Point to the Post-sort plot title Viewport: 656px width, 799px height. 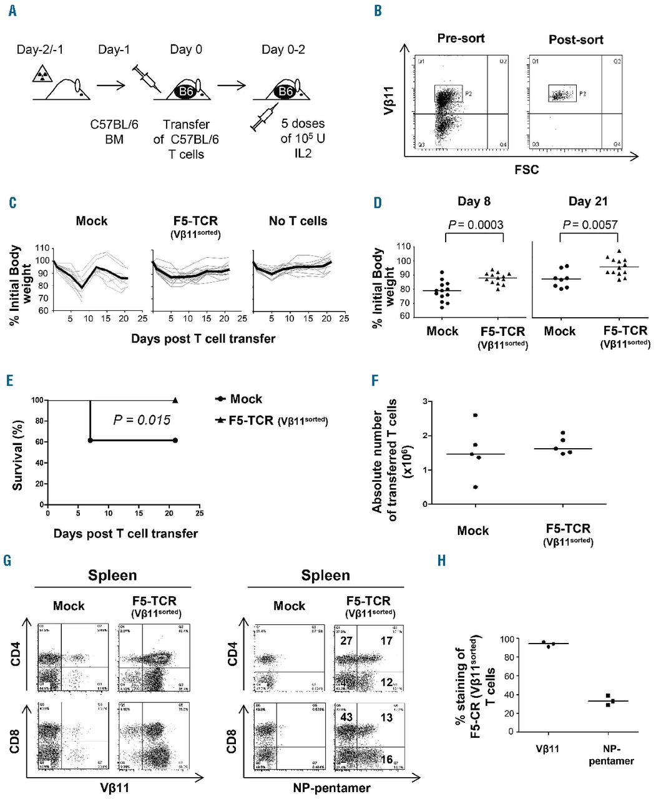click(575, 39)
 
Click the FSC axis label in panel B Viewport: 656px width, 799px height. click(526, 169)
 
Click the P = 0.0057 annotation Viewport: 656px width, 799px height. click(588, 225)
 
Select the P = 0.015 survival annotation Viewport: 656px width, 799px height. click(142, 420)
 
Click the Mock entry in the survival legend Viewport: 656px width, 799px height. click(245, 399)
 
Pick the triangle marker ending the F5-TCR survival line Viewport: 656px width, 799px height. click(175, 400)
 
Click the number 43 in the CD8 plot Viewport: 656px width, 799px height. click(347, 717)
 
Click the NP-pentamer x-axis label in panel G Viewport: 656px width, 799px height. click(325, 788)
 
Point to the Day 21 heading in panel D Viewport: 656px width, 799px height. click(587, 202)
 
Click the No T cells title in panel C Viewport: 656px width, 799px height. click(298, 221)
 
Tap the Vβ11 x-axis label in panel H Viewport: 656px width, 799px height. click(547, 748)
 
